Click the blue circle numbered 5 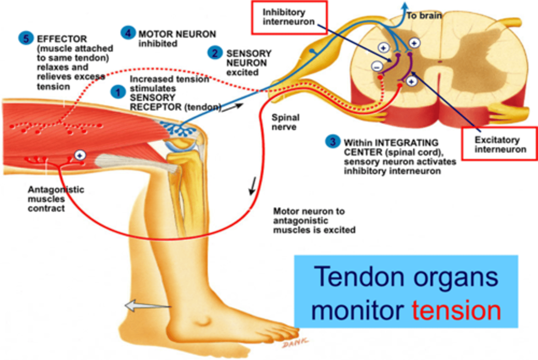(x=26, y=38)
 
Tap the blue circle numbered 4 (x=128, y=33)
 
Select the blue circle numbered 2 (x=215, y=53)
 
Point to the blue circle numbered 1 (x=118, y=92)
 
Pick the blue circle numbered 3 (x=333, y=142)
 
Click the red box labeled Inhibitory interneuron (x=289, y=18)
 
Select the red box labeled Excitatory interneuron (x=500, y=144)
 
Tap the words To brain (x=424, y=16)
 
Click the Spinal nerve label (x=285, y=122)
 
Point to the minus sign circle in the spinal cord (x=377, y=66)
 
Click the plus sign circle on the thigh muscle (x=80, y=155)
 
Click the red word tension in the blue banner (x=456, y=311)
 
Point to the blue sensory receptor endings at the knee (x=177, y=128)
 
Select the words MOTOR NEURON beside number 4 (x=177, y=34)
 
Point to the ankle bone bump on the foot (x=203, y=320)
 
